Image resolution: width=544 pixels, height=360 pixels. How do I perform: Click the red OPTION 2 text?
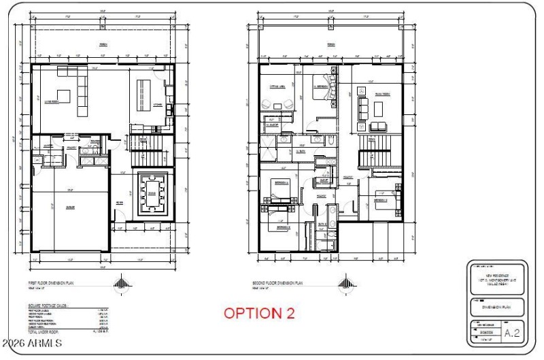point(260,314)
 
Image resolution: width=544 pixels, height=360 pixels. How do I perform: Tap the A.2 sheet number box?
point(513,333)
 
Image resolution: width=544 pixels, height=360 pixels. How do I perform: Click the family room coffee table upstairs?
point(378,109)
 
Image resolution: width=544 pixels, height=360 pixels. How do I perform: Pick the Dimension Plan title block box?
point(497,307)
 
